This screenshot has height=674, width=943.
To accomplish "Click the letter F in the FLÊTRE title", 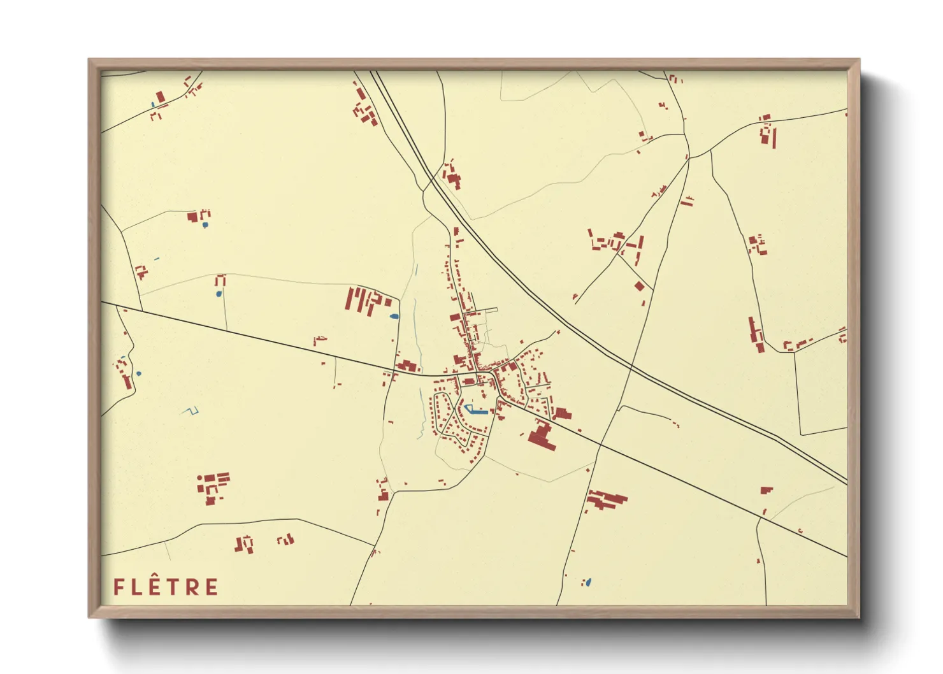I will (118, 587).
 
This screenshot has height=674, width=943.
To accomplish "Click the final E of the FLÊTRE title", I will (212, 587).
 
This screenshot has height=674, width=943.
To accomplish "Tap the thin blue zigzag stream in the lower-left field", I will (188, 411).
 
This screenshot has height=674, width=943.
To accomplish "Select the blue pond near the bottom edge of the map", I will (588, 582).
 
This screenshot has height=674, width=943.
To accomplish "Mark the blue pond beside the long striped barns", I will (394, 316).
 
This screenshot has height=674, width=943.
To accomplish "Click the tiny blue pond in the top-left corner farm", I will (153, 104).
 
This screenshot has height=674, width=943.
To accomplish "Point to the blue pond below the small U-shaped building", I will (219, 294).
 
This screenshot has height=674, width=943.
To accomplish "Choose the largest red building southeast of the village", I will (542, 437).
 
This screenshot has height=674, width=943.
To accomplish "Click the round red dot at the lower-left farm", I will (199, 477).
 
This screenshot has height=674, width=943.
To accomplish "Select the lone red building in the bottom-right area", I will (766, 491).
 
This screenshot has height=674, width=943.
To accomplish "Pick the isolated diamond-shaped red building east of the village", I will (640, 286).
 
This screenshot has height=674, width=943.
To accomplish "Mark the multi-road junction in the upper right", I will (688, 156).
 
